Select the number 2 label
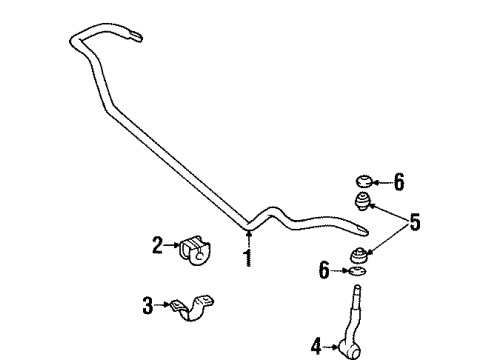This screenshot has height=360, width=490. [158, 243]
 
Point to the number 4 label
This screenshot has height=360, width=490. [317, 347]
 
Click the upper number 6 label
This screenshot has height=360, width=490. [398, 182]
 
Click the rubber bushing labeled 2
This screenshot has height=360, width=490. [195, 251]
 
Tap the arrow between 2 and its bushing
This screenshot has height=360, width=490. [173, 244]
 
